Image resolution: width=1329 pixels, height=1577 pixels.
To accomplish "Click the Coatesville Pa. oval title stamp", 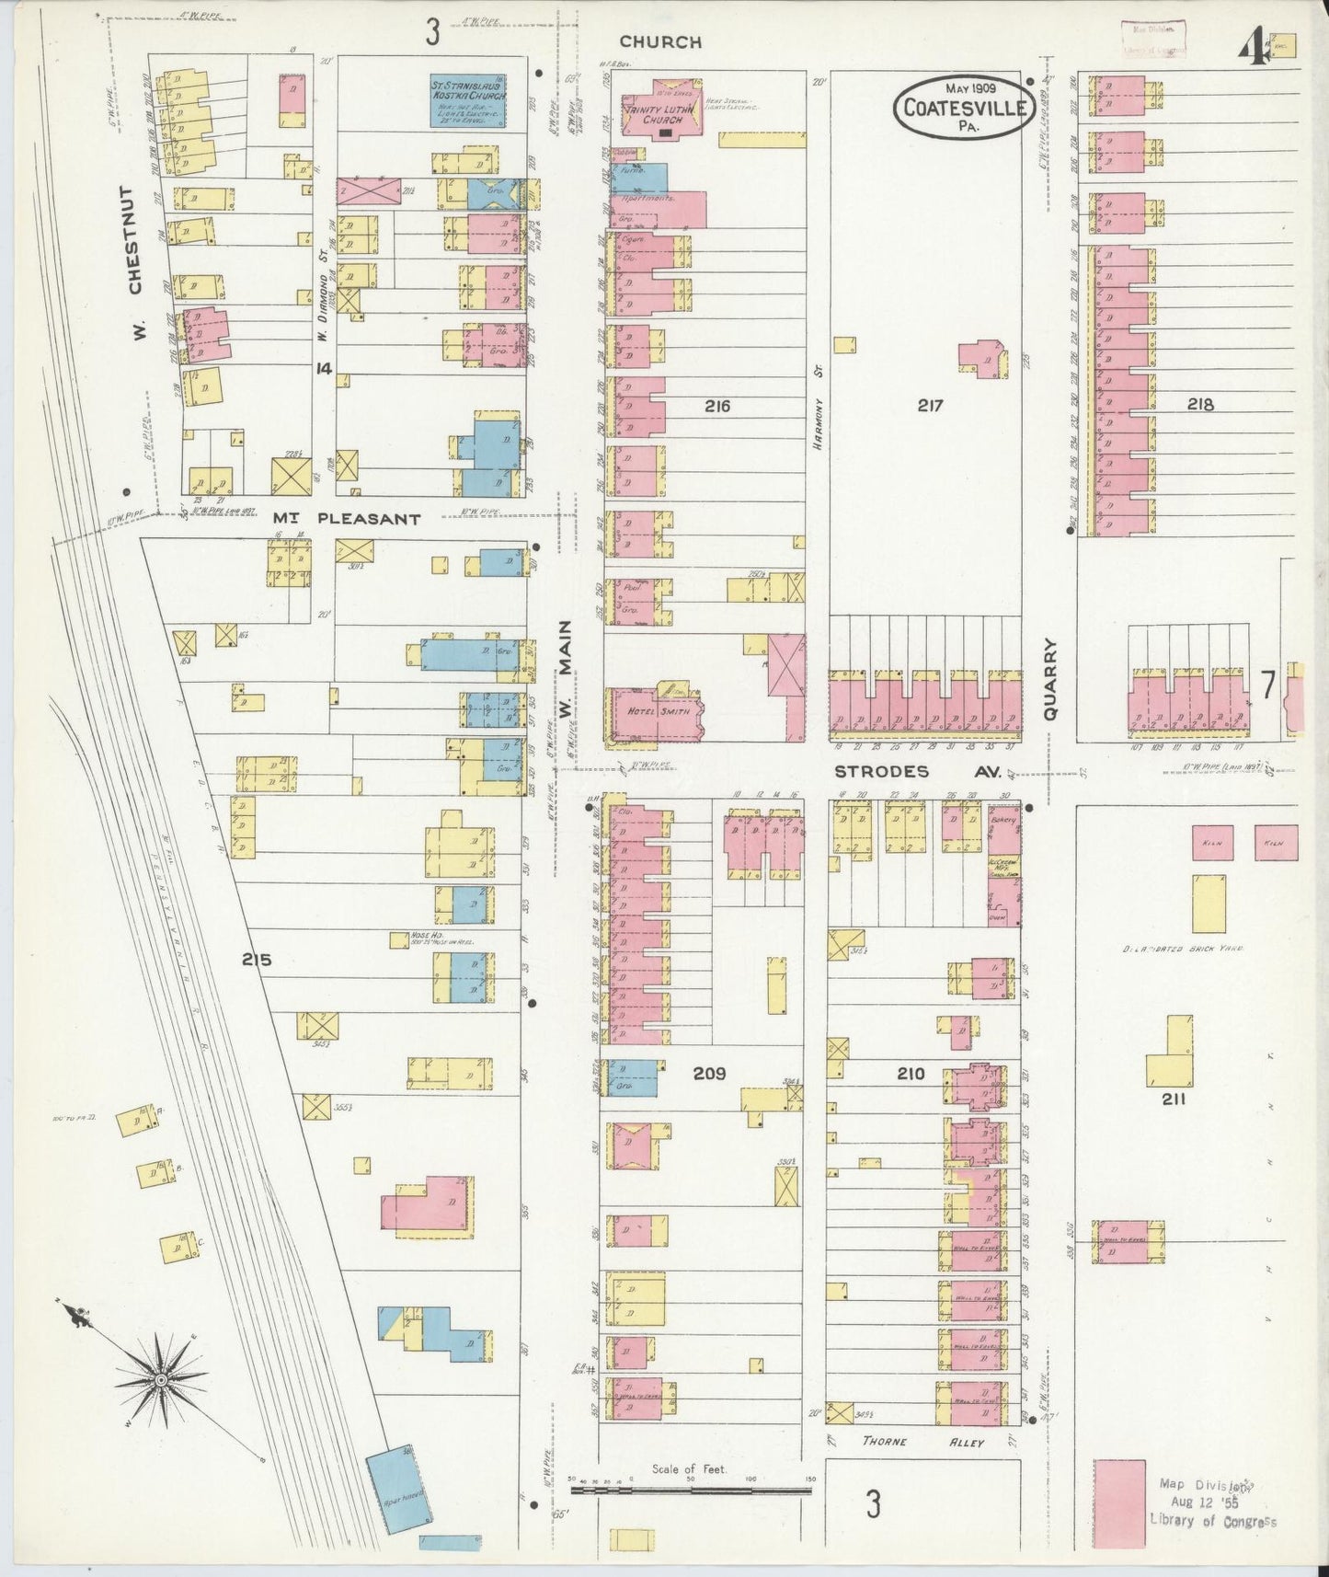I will (964, 107).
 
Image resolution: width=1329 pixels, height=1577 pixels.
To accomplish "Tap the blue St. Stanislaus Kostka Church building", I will (469, 100).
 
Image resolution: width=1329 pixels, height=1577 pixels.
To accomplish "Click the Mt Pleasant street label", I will (346, 519).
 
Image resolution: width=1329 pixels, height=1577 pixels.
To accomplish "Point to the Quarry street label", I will (1050, 679).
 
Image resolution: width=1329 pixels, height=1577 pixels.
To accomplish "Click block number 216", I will (717, 406).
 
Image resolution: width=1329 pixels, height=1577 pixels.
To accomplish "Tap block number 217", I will (930, 405).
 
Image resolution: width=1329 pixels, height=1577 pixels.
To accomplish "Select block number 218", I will (1200, 404).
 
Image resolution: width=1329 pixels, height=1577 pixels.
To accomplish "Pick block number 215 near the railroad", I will (257, 960).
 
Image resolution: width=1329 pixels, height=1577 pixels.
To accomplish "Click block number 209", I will (710, 1073).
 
